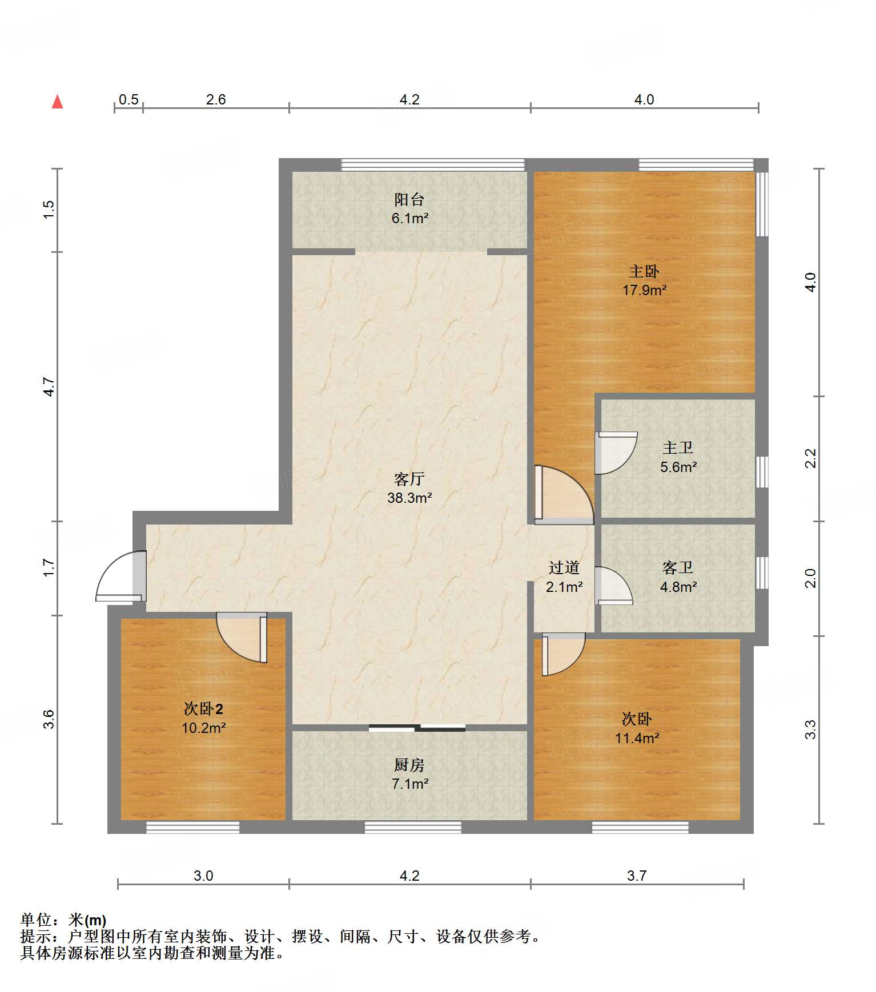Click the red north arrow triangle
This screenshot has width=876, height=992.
pos(57,102)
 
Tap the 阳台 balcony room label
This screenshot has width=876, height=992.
pos(409,199)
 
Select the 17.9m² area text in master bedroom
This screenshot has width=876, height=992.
pos(645,290)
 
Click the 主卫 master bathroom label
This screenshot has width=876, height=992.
pos(678,447)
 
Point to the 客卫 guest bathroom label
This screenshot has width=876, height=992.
pos(678,567)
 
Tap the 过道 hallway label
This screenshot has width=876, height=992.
pos(564,567)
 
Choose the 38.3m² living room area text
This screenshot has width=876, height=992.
pos(409,498)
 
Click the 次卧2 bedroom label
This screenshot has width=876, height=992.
pos(203,709)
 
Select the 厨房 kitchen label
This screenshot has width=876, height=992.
pos(409,765)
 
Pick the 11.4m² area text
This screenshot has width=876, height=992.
pos(637,738)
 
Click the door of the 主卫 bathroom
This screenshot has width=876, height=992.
pos(616,453)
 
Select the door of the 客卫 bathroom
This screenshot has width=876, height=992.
pos(613,586)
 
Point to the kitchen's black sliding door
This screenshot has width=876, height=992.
pos(417,728)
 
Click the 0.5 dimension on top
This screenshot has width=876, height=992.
pos(128,99)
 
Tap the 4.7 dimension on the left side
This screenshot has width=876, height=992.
pos(50,387)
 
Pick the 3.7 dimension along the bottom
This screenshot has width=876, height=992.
pos(637,876)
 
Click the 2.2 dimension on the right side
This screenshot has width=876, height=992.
pos(810,458)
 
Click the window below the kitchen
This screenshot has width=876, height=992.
pos(413,827)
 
